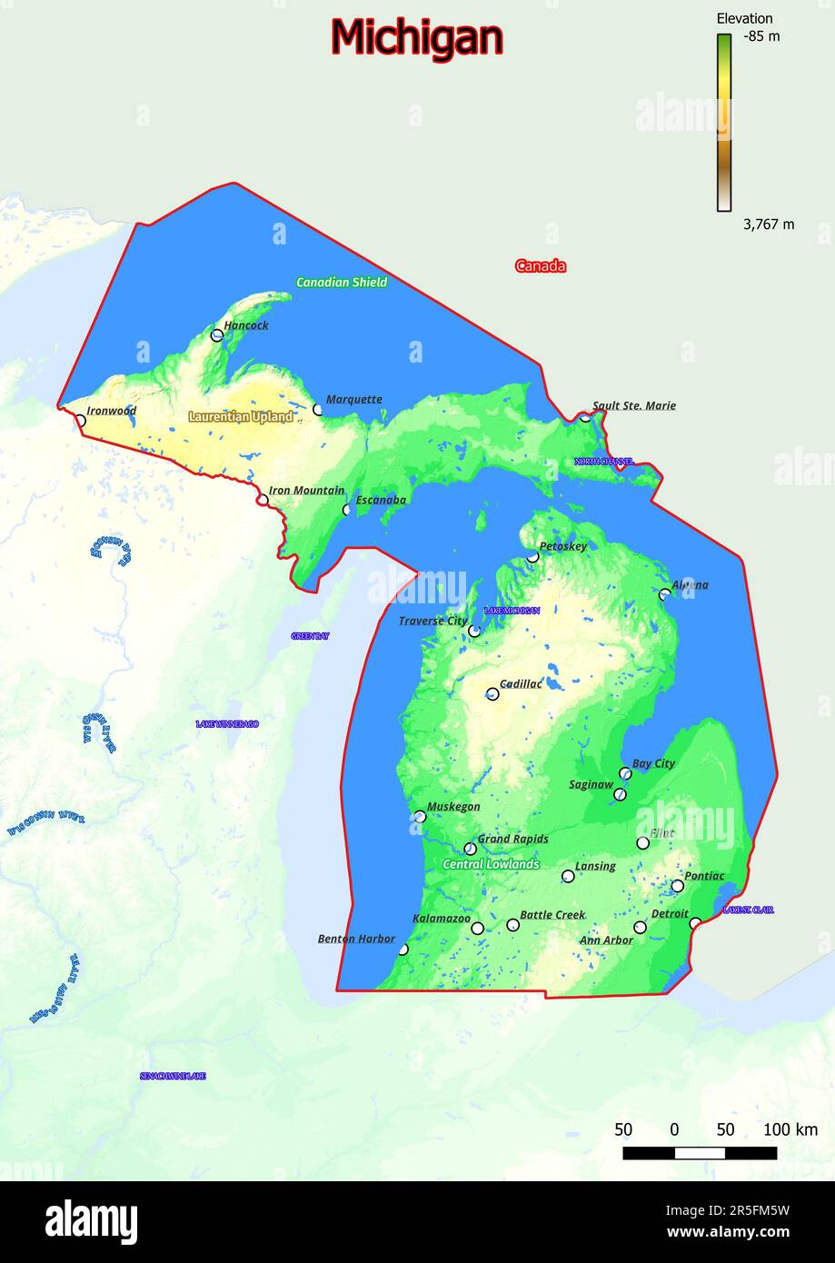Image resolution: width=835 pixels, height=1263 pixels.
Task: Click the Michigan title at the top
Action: coord(416,39)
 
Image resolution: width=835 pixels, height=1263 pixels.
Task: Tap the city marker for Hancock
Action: coord(217,335)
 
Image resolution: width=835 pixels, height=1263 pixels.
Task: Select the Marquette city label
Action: coord(353,399)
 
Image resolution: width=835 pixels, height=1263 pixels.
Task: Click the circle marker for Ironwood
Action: coord(80,421)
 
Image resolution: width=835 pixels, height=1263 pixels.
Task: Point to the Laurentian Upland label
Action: coord(241,417)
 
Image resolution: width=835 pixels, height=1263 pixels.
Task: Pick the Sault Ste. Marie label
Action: coord(634,406)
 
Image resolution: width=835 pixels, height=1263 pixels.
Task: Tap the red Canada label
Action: coord(541,266)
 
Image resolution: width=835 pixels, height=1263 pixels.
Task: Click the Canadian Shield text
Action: coord(342,283)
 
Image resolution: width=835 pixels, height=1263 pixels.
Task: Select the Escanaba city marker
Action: coord(347,510)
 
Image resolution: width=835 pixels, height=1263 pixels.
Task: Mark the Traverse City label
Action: coord(432,622)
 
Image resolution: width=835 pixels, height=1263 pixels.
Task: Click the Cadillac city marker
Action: coord(492,694)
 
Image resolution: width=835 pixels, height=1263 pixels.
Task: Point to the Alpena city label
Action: coord(690,585)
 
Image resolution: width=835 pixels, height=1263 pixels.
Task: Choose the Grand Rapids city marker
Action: coord(470,849)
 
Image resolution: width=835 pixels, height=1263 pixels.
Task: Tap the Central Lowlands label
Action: coord(491,864)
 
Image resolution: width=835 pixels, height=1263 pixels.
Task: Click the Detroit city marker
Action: coord(641,928)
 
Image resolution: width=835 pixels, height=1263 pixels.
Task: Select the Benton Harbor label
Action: coord(356,939)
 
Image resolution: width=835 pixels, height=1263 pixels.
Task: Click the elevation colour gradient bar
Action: coord(724,122)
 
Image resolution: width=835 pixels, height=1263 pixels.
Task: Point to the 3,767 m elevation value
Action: coord(768,224)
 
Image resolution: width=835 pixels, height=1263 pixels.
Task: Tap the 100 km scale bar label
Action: coord(790,1130)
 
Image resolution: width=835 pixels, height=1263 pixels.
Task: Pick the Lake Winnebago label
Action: coord(227,724)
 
